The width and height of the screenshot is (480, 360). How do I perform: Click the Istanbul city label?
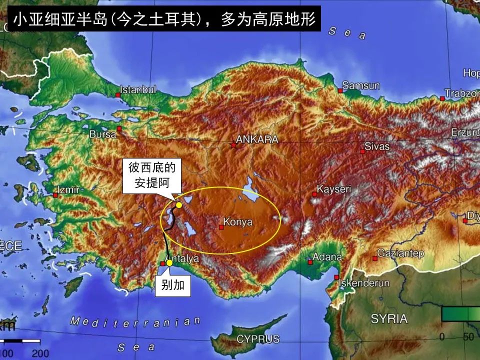pyautogui.click(x=138, y=90)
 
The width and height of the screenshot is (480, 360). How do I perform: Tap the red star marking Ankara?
pyautogui.click(x=233, y=145)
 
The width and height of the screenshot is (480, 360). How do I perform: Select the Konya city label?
pyautogui.click(x=238, y=221)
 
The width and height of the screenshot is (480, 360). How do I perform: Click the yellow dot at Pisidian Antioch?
pyautogui.click(x=179, y=204)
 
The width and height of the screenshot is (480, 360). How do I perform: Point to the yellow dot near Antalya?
pyautogui.click(x=169, y=263)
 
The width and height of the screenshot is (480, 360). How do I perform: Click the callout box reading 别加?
pyautogui.click(x=173, y=285)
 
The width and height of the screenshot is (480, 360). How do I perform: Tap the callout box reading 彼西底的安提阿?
pyautogui.click(x=152, y=175)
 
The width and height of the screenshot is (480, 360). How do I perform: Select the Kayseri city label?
pyautogui.click(x=334, y=190)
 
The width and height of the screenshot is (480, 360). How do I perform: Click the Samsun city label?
pyautogui.click(x=361, y=85)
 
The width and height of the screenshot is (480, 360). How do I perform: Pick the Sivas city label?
pyautogui.click(x=376, y=146)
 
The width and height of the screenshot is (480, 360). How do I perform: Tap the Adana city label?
pyautogui.click(x=327, y=257)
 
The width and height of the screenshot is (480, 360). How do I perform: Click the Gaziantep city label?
pyautogui.click(x=400, y=253)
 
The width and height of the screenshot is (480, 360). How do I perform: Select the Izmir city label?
pyautogui.click(x=69, y=190)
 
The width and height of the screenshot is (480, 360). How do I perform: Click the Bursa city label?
pyautogui.click(x=102, y=134)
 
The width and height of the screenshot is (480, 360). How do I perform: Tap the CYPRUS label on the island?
pyautogui.click(x=258, y=338)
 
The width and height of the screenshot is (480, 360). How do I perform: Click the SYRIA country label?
pyautogui.click(x=389, y=318)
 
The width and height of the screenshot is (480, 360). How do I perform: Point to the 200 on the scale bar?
pyautogui.click(x=40, y=353)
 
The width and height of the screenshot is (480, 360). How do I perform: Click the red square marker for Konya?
pyautogui.click(x=221, y=227)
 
